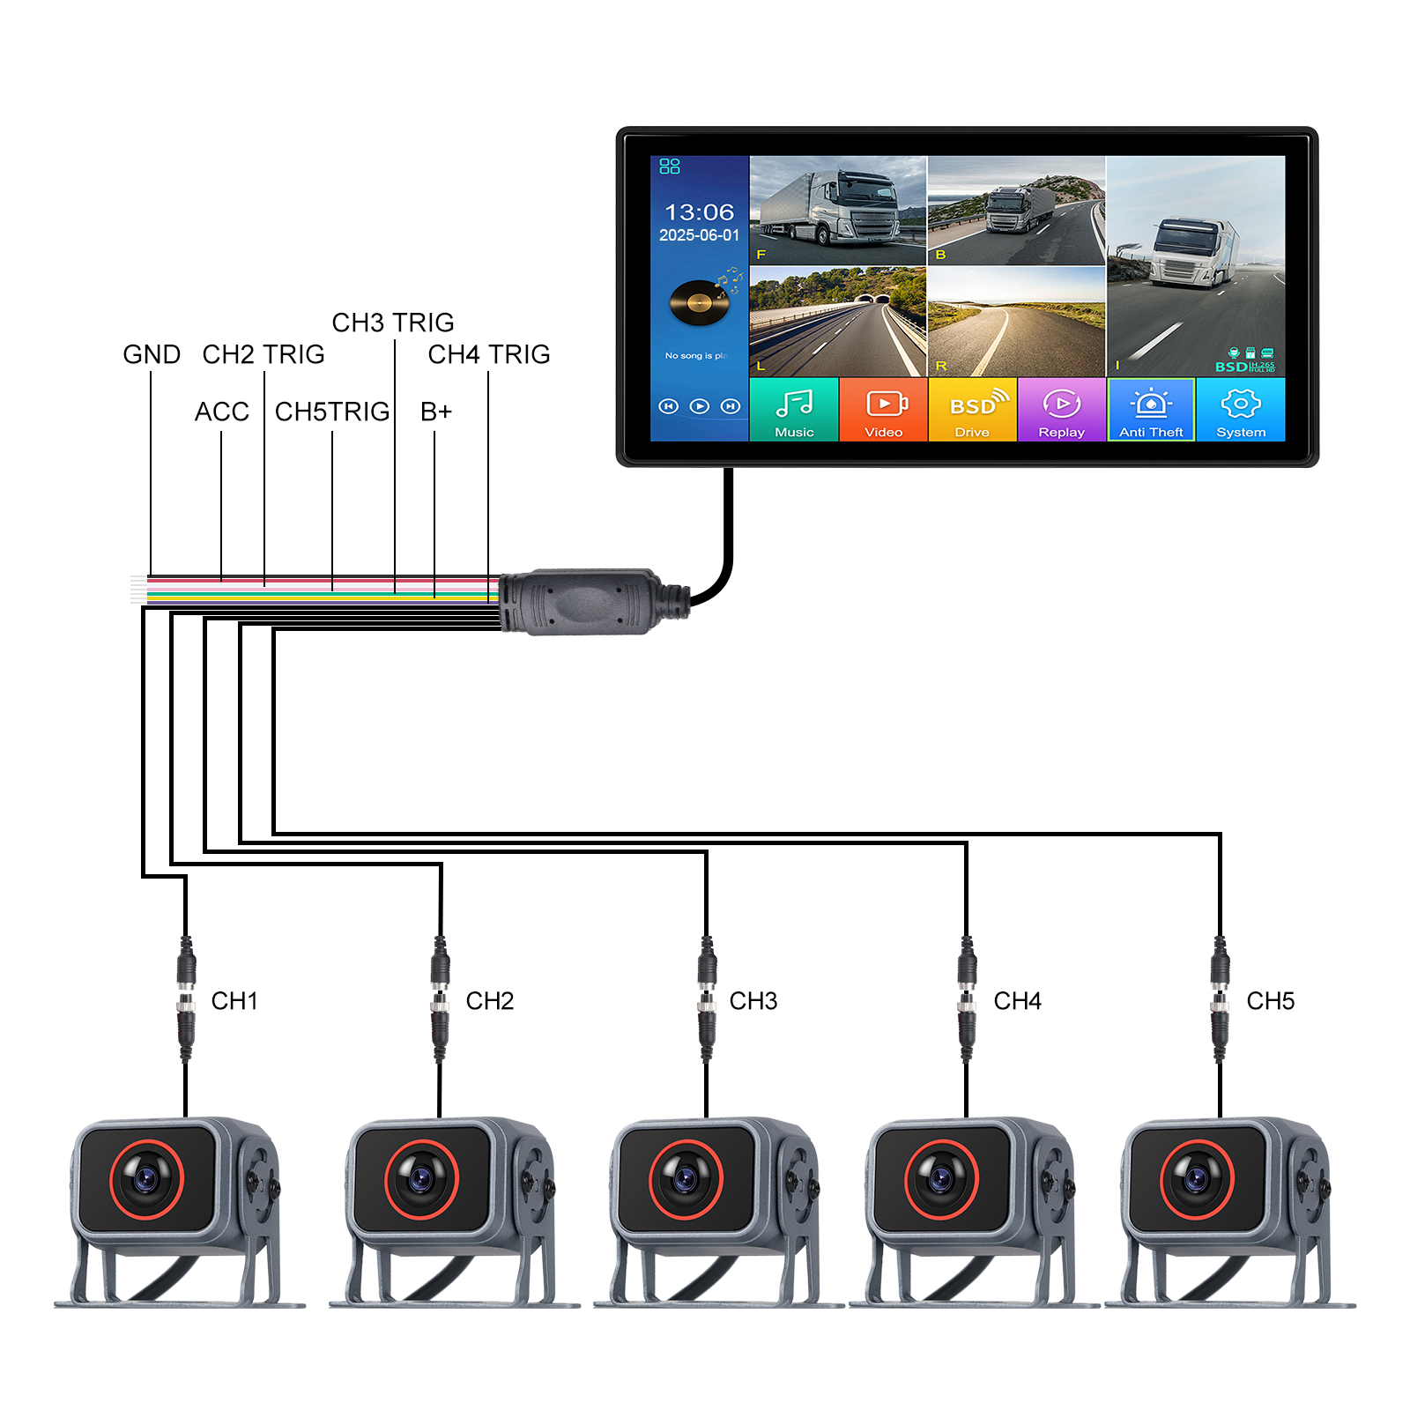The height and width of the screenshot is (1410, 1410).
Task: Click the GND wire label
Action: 152,354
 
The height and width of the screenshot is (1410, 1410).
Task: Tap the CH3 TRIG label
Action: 393,323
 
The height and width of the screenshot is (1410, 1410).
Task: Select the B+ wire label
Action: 436,412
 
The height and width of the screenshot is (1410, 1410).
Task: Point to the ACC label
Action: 222,412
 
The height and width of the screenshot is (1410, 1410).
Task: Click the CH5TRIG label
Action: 332,412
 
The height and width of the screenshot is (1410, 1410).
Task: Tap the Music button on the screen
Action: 794,410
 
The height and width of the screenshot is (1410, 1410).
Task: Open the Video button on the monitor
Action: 884,410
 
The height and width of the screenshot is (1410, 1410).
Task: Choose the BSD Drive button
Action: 973,410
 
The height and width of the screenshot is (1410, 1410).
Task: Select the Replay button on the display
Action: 1062,410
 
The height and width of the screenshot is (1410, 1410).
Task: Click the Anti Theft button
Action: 1151,410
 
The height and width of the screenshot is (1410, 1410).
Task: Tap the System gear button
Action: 1241,410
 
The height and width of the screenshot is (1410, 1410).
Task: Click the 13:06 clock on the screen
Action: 699,212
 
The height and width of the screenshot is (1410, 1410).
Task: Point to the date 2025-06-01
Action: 699,235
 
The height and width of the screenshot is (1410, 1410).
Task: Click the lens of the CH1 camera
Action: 146,1179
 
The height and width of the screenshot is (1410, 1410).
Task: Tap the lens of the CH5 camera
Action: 1197,1179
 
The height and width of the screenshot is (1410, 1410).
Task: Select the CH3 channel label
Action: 753,1001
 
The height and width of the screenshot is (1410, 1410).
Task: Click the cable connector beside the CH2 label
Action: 440,1000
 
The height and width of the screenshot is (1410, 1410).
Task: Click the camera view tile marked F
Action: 837,211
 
